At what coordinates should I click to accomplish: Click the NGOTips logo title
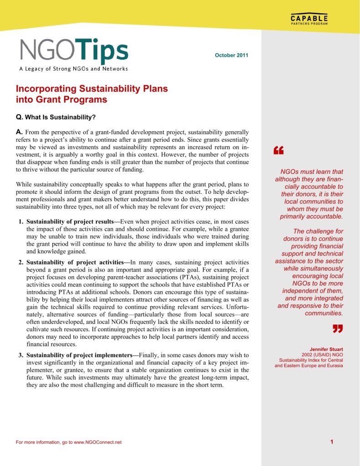click(74, 51)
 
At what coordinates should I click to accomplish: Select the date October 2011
click(231, 56)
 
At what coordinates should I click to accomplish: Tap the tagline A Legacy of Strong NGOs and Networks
click(73, 69)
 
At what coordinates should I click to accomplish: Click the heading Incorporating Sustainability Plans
click(91, 89)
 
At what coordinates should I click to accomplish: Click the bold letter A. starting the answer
click(20, 132)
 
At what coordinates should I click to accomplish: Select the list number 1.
click(21, 222)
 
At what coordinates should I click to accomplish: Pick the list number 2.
click(21, 263)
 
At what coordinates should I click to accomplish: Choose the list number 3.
click(21, 355)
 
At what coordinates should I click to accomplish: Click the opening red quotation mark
click(278, 151)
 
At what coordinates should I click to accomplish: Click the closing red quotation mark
click(337, 329)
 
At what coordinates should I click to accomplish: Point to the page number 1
click(332, 441)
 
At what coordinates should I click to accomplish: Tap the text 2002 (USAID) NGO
click(322, 355)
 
